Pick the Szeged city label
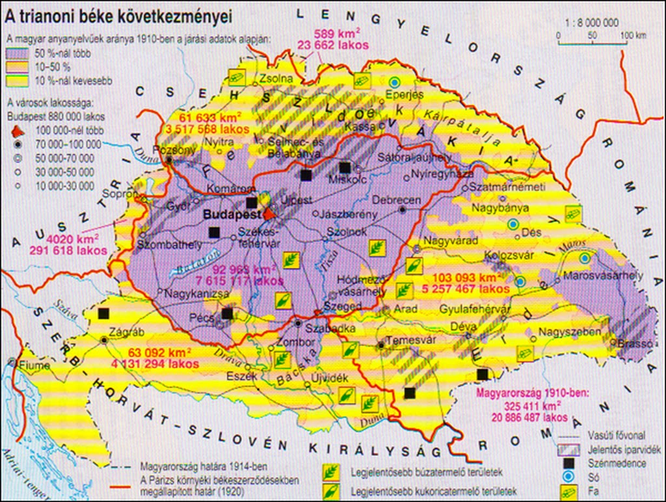(342, 306)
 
